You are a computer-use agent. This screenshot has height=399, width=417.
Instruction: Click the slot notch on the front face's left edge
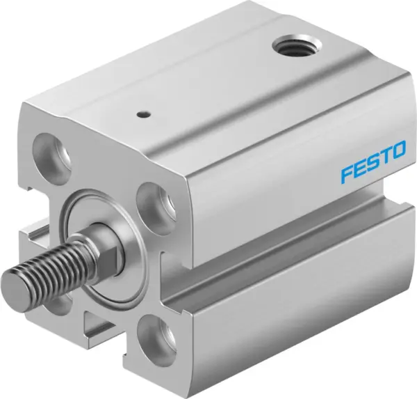tap(31, 237)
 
